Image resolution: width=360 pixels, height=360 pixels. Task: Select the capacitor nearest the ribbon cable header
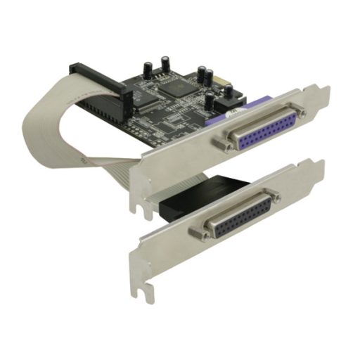click(149, 68)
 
